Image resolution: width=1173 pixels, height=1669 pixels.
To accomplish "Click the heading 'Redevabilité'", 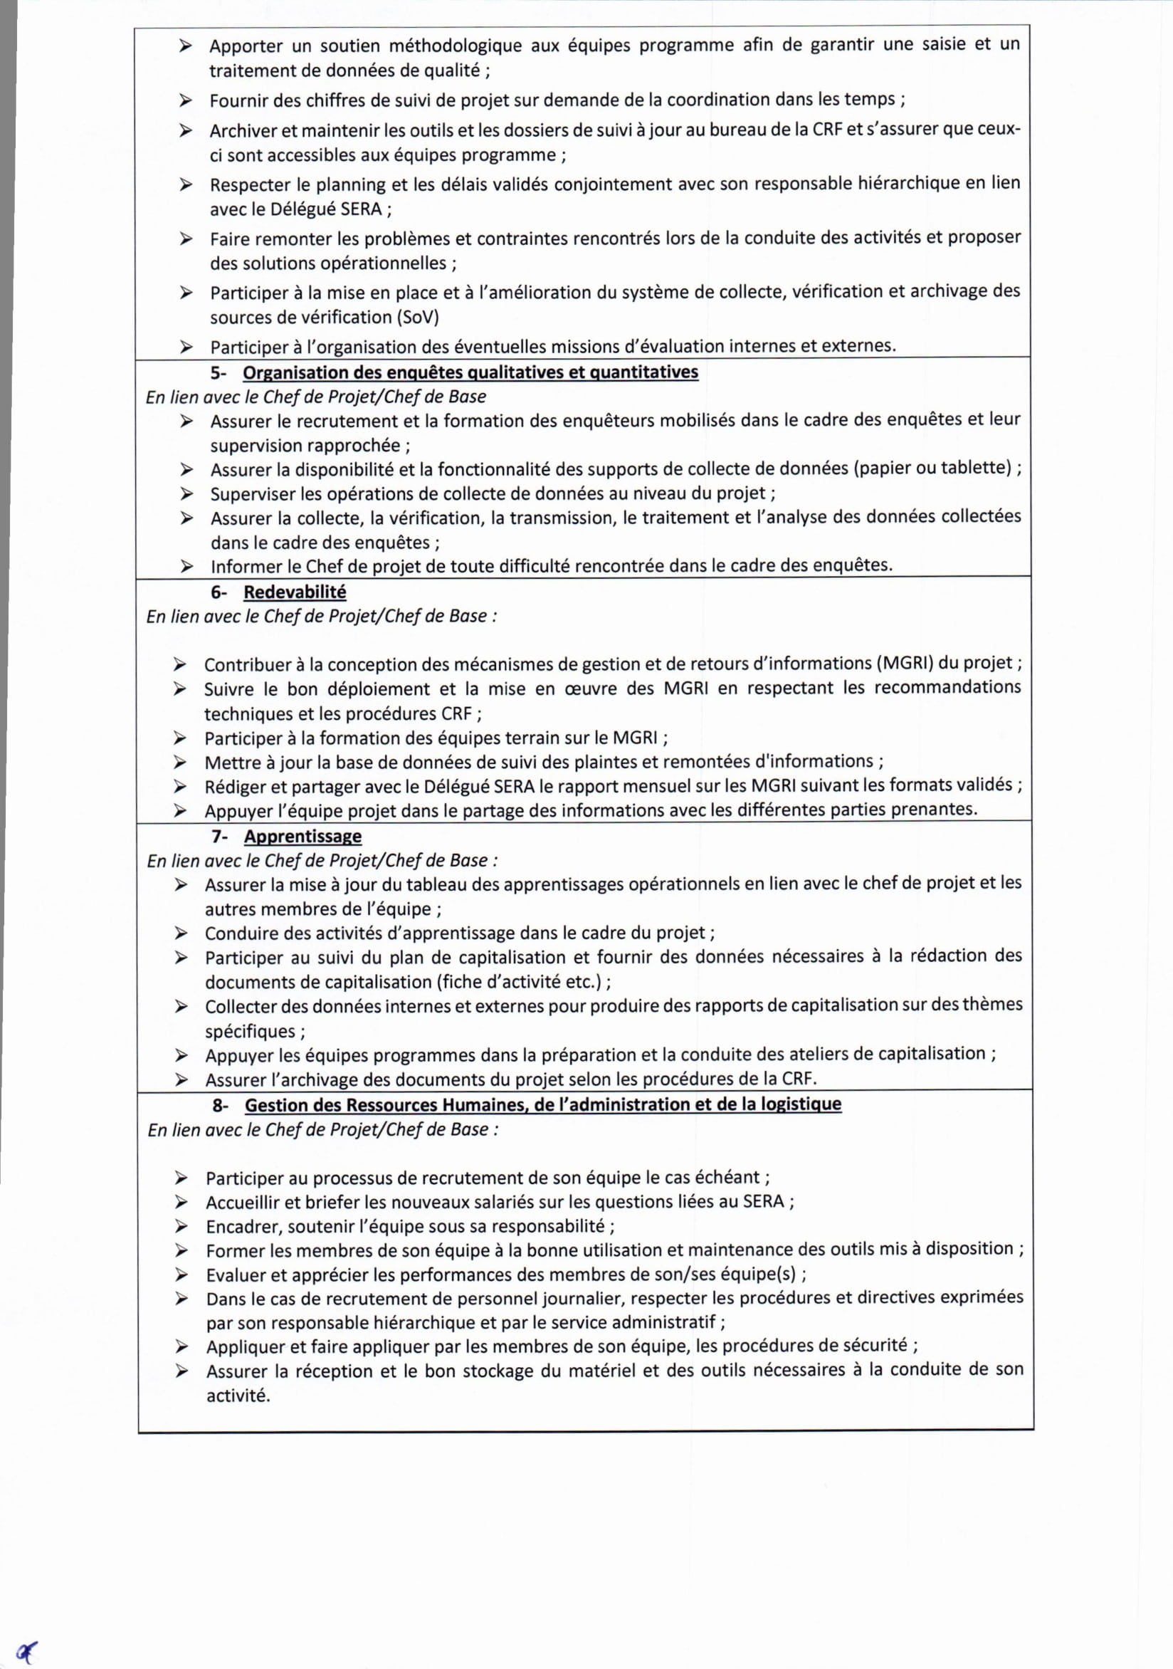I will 295,592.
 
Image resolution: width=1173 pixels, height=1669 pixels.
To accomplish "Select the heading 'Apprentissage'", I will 303,836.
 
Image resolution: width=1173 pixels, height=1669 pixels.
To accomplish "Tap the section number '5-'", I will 219,373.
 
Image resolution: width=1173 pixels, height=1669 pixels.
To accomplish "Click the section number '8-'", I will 221,1105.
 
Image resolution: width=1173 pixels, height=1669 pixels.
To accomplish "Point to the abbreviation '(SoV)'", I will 417,318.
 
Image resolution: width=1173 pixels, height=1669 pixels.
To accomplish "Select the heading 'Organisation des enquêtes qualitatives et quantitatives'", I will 470,372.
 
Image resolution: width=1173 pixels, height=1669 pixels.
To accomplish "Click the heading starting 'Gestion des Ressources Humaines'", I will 542,1104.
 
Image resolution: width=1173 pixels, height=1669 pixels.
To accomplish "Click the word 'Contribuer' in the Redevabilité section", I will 247,664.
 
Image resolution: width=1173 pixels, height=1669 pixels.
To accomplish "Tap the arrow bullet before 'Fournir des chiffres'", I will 186,100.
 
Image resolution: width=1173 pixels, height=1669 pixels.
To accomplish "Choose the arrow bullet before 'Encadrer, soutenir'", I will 182,1227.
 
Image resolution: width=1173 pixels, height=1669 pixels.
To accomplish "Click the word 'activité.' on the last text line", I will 238,1396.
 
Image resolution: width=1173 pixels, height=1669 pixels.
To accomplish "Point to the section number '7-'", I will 219,837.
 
